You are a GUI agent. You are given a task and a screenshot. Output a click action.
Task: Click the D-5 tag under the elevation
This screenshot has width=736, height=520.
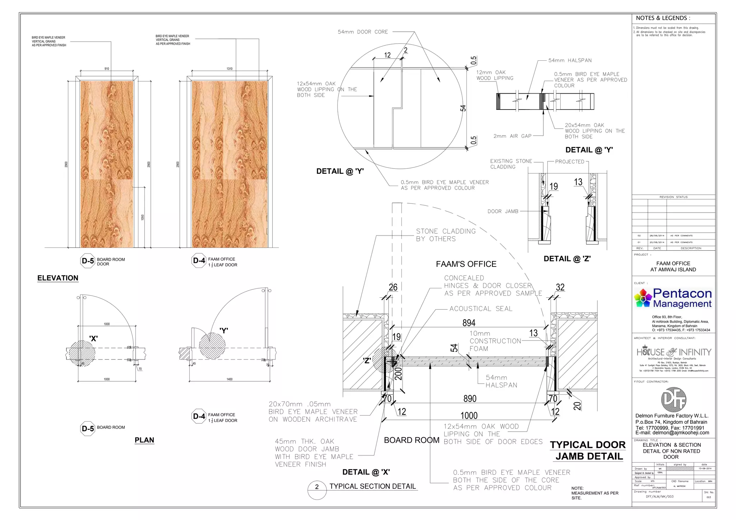tap(87, 261)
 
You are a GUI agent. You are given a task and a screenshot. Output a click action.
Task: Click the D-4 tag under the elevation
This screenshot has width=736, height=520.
tap(199, 261)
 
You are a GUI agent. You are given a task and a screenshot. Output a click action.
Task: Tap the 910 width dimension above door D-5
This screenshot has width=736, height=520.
tap(107, 69)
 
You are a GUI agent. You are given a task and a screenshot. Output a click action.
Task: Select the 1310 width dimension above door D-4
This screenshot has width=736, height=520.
tap(229, 69)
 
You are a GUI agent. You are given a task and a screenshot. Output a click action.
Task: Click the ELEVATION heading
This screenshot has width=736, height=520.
tap(57, 278)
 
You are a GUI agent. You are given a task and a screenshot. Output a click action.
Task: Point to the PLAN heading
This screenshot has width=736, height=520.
tap(144, 440)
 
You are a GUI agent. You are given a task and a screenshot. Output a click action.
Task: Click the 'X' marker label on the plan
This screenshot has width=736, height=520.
tap(93, 338)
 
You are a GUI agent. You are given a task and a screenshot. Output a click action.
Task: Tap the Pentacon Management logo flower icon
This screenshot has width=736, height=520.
tap(643, 298)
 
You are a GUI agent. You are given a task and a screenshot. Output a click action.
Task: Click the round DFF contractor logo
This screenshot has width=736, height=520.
tap(673, 399)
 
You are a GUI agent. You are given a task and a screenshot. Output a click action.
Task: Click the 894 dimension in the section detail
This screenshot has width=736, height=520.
tap(469, 323)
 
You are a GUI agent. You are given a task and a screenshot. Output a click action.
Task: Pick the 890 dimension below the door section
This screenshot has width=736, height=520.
tap(470, 399)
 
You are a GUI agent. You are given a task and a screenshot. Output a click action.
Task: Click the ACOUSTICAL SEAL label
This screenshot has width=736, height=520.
tap(480, 308)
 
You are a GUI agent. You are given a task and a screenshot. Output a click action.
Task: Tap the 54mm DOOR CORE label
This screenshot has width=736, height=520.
tap(363, 32)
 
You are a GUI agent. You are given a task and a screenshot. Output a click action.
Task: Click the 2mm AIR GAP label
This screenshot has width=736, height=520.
tap(512, 136)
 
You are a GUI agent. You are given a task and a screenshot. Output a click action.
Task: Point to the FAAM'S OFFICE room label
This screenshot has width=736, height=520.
tap(466, 264)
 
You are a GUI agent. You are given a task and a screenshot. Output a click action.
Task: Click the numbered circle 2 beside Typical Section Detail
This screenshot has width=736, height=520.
tap(317, 487)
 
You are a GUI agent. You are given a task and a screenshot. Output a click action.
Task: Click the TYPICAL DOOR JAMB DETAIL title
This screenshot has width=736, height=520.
tap(588, 450)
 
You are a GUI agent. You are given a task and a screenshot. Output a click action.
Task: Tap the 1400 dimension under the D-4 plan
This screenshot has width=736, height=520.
tap(229, 379)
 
